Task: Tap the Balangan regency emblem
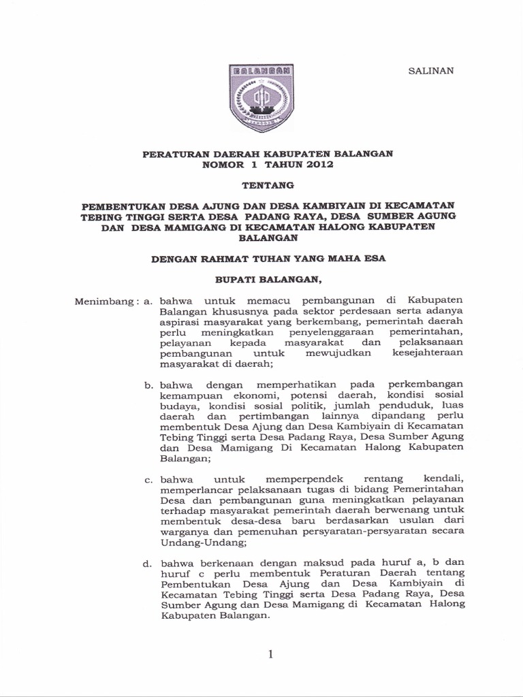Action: click(261, 96)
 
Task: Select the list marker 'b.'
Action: click(149, 385)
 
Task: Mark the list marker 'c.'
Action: click(149, 481)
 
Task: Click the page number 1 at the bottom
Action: click(271, 654)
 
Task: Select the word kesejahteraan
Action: click(428, 354)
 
